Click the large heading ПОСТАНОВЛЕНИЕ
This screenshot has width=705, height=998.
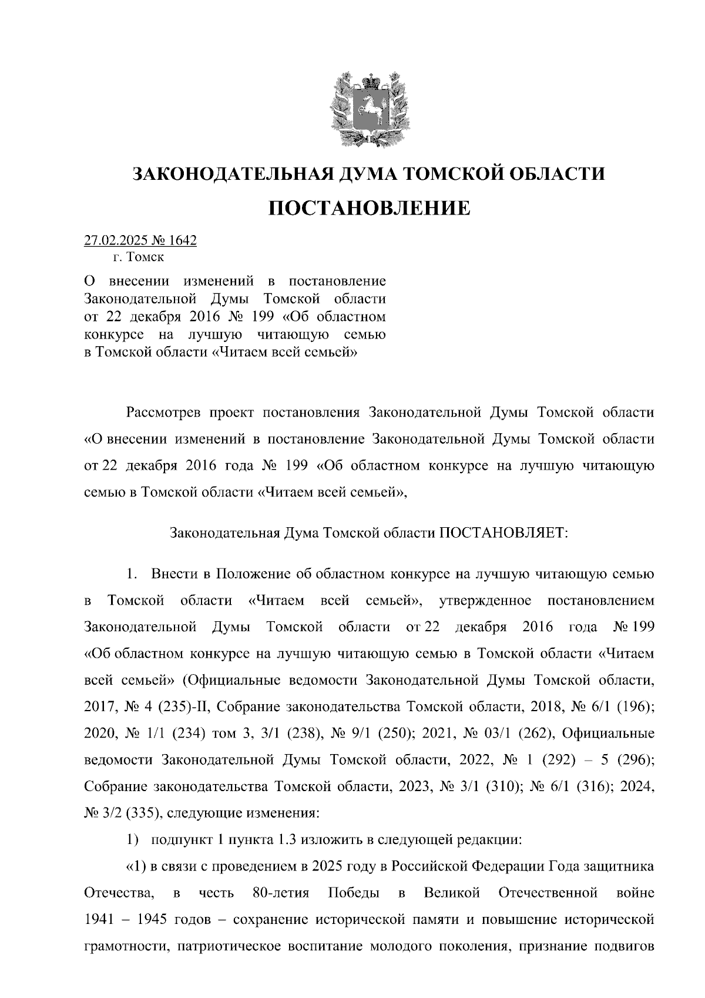(370, 208)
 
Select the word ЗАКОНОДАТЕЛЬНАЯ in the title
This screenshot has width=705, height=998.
(231, 174)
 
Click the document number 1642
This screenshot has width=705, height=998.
(183, 240)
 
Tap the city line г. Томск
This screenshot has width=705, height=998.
(139, 257)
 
